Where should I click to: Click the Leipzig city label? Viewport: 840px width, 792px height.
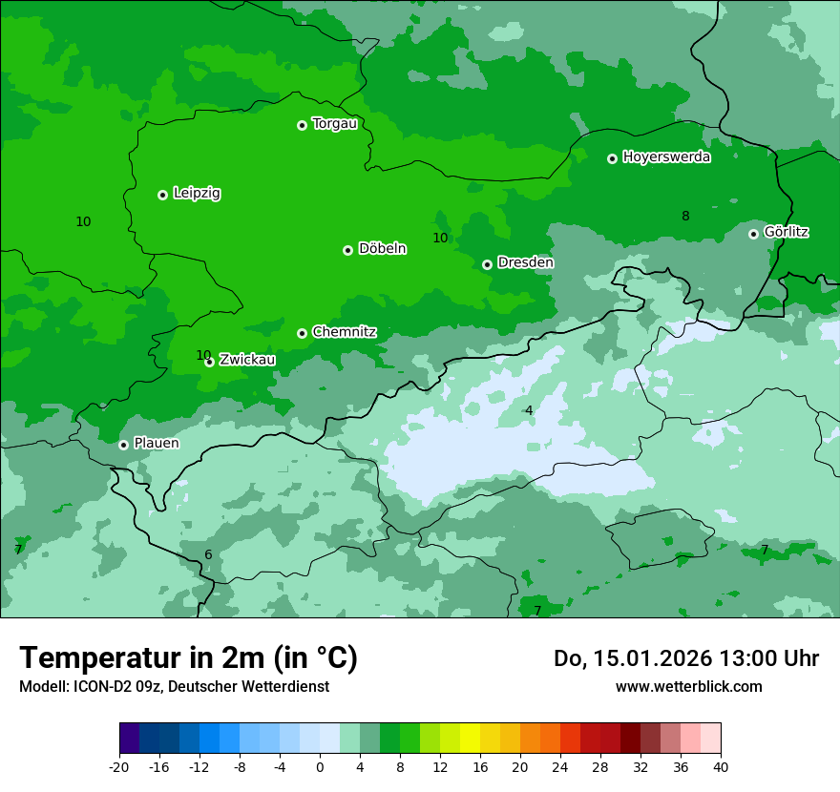tap(197, 194)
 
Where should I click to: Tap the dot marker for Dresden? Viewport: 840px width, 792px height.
tap(487, 264)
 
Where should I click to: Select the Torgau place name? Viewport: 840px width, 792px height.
tap(334, 124)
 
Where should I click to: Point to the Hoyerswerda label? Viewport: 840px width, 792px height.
tap(666, 157)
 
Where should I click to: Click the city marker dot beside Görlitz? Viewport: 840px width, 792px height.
tap(753, 234)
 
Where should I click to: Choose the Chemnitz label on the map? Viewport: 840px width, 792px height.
tap(344, 332)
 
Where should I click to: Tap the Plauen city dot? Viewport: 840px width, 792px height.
tap(123, 445)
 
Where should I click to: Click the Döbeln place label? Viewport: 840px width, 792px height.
tap(382, 249)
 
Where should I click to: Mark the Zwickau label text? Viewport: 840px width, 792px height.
tap(247, 360)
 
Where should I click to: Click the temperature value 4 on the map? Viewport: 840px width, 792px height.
tap(529, 410)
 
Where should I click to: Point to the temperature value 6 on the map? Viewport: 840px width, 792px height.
tap(208, 555)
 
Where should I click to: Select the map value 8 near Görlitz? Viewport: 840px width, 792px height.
tap(685, 216)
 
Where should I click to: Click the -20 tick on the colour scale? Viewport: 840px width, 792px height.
tap(119, 767)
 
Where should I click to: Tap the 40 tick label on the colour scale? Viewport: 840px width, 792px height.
tap(721, 767)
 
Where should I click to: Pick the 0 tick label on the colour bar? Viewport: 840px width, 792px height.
tap(320, 767)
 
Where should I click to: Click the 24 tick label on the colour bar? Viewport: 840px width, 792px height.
tap(560, 767)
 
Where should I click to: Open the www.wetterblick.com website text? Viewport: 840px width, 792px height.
tap(688, 686)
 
